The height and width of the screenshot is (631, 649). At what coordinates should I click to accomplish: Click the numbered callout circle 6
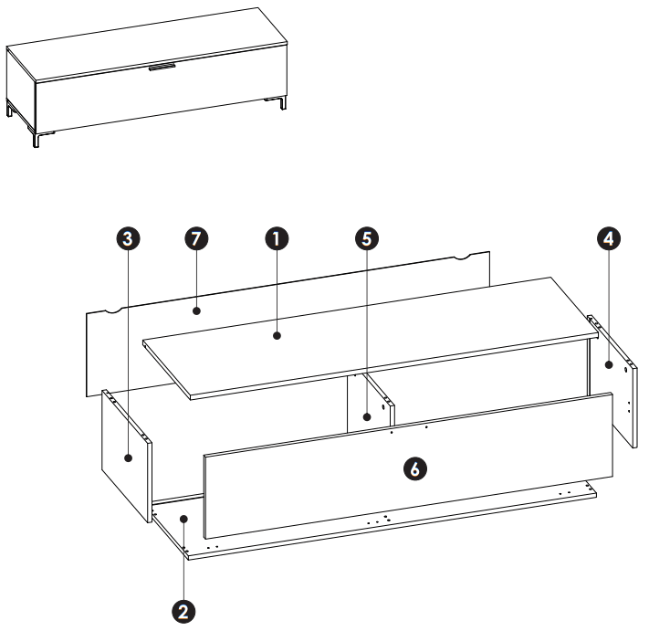414,468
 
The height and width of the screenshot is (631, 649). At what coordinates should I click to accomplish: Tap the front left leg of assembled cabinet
37,138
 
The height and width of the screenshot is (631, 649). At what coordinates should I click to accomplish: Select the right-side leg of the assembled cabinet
283,102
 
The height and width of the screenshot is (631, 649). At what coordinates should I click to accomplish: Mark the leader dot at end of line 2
185,518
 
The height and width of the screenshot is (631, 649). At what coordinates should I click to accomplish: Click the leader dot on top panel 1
277,336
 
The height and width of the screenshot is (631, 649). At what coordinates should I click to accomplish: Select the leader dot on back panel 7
196,310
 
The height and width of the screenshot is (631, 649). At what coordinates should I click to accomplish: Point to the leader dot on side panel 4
609,365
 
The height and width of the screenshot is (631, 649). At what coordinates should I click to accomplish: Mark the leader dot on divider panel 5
366,417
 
